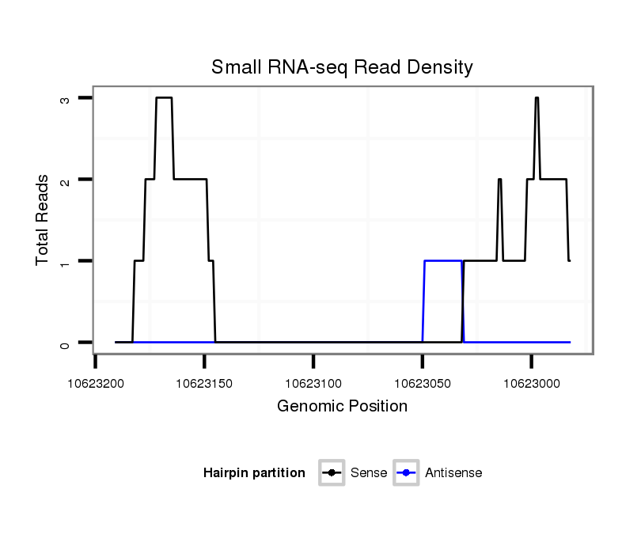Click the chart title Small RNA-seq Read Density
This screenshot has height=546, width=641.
(342, 67)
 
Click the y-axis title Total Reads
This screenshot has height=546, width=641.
(43, 220)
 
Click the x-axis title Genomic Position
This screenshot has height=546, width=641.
(342, 407)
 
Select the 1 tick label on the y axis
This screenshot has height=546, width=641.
(65, 261)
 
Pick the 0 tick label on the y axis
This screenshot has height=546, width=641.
(65, 343)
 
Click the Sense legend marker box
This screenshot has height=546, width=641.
(332, 473)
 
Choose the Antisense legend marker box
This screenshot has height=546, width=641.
(406, 473)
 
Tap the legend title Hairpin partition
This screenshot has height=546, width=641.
(254, 473)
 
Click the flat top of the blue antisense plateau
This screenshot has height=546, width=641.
(443, 260)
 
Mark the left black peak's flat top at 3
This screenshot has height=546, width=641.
(164, 98)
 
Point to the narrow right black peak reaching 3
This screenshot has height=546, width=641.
(537, 98)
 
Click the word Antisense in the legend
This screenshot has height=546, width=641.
(453, 473)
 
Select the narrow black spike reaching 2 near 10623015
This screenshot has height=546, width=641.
(499, 180)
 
